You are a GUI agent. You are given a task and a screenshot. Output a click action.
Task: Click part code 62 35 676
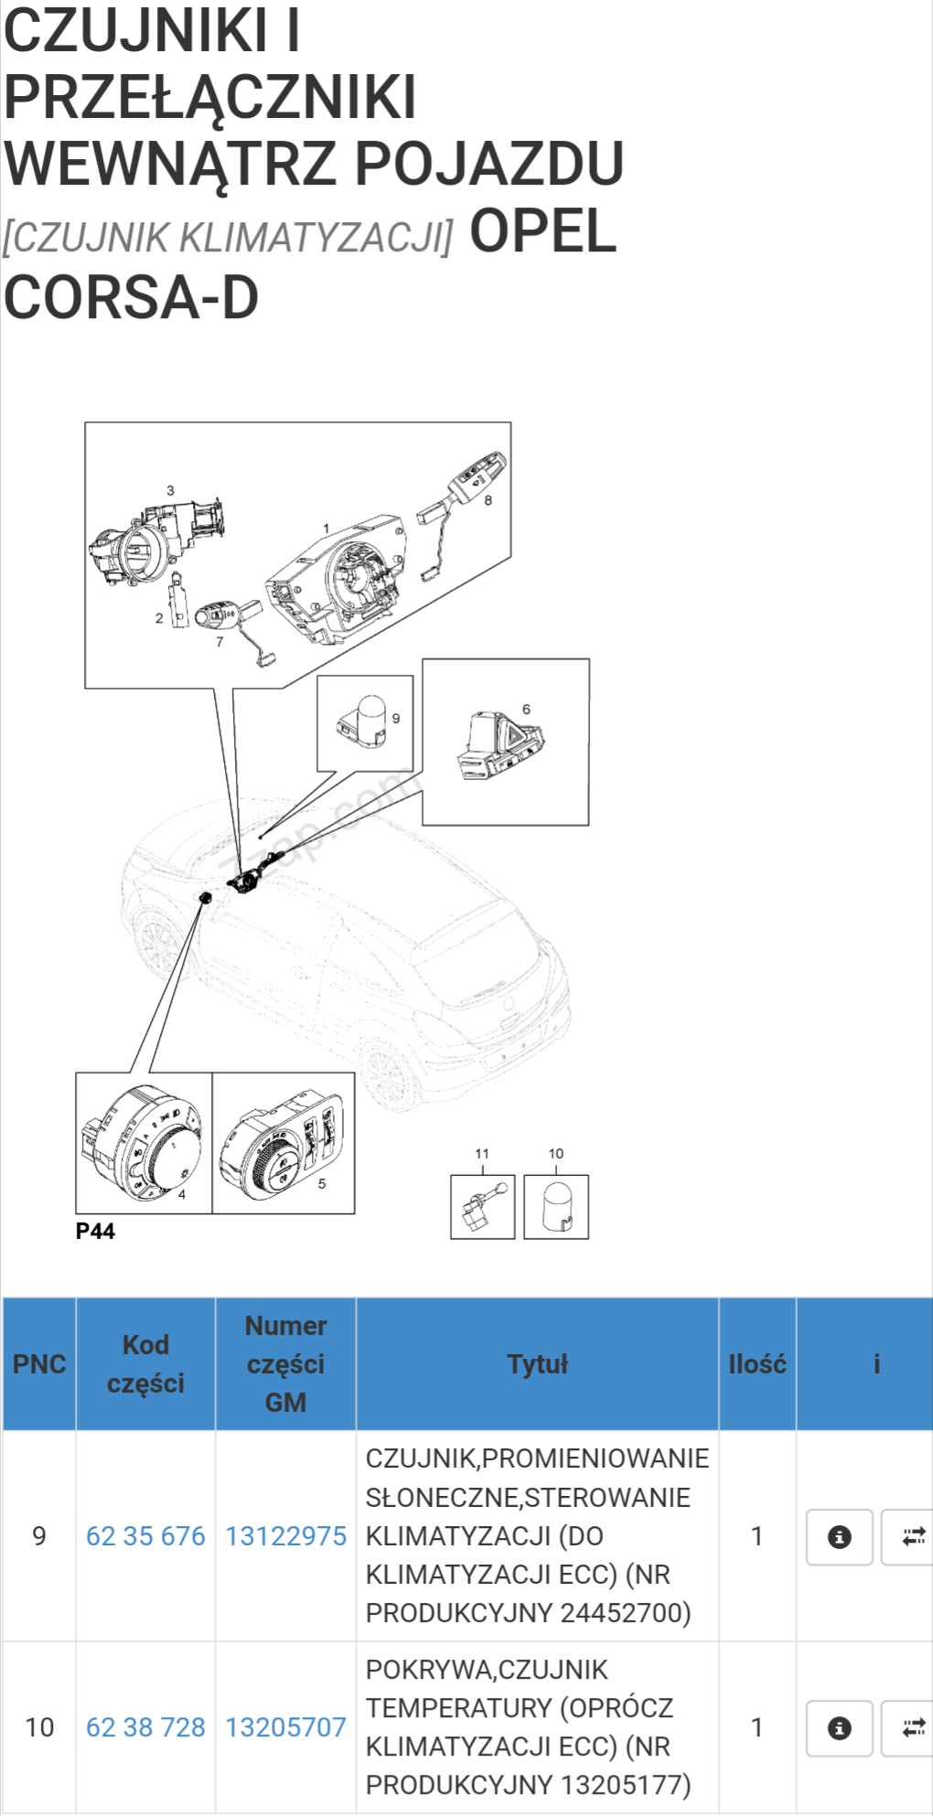tap(145, 1536)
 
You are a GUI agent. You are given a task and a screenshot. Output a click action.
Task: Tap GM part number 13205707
tap(285, 1727)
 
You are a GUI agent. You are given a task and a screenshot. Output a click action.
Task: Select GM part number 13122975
tap(285, 1536)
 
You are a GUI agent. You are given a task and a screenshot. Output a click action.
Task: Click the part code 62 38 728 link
tap(145, 1727)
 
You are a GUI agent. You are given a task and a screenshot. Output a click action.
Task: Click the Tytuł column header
tap(537, 1363)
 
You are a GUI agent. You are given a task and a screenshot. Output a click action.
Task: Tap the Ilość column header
tap(756, 1363)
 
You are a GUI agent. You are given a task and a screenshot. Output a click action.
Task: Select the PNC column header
tap(39, 1363)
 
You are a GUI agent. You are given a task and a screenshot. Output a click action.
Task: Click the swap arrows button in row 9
tap(911, 1537)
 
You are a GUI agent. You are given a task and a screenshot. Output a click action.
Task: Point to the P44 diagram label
tap(95, 1231)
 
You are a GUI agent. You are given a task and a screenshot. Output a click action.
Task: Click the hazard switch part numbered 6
tap(499, 745)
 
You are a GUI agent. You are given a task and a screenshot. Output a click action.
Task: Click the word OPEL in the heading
tap(542, 232)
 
